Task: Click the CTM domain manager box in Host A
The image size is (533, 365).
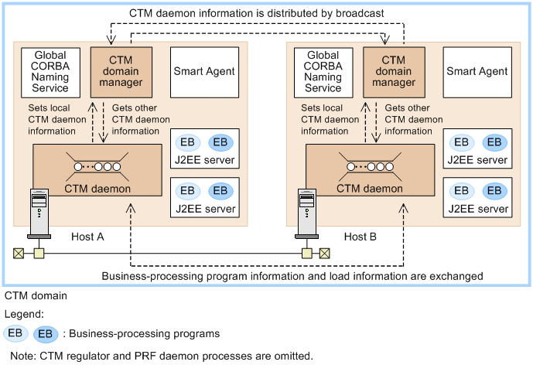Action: pyautogui.click(x=121, y=70)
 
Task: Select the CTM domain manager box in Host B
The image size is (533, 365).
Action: pyautogui.click(x=393, y=70)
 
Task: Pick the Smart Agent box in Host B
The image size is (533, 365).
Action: pyautogui.click(x=475, y=71)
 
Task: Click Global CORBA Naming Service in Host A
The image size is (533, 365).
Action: pyautogui.click(x=50, y=71)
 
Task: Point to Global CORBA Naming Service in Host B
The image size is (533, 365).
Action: pyautogui.click(x=323, y=71)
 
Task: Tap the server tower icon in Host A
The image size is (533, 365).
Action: pyautogui.click(x=37, y=213)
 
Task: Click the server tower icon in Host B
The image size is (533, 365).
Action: pyautogui.click(x=308, y=213)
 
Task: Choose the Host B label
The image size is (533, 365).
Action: pyautogui.click(x=360, y=236)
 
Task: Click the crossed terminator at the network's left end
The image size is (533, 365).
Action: pyautogui.click(x=17, y=253)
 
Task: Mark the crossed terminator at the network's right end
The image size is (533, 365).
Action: pyautogui.click(x=325, y=253)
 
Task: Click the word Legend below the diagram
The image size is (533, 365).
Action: pyautogui.click(x=24, y=315)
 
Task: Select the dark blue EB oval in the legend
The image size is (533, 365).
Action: pyautogui.click(x=46, y=334)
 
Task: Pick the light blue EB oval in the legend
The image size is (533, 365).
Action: pyautogui.click(x=16, y=334)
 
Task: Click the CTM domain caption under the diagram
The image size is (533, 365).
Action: pyautogui.click(x=36, y=295)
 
